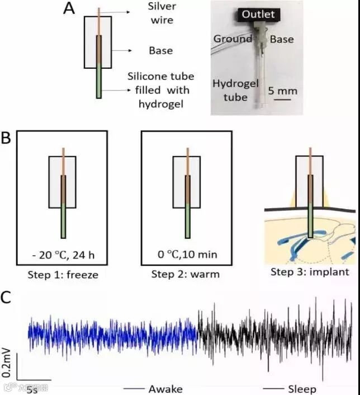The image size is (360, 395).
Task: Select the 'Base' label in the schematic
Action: click(x=160, y=51)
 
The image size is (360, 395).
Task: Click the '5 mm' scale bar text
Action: click(x=282, y=90)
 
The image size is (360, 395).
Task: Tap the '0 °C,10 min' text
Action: click(x=186, y=255)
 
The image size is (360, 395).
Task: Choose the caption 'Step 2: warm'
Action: click(x=186, y=275)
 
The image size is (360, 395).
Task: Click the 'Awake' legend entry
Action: click(x=165, y=388)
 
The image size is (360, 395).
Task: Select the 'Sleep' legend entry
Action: click(x=302, y=388)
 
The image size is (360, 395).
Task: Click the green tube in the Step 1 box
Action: click(x=63, y=219)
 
